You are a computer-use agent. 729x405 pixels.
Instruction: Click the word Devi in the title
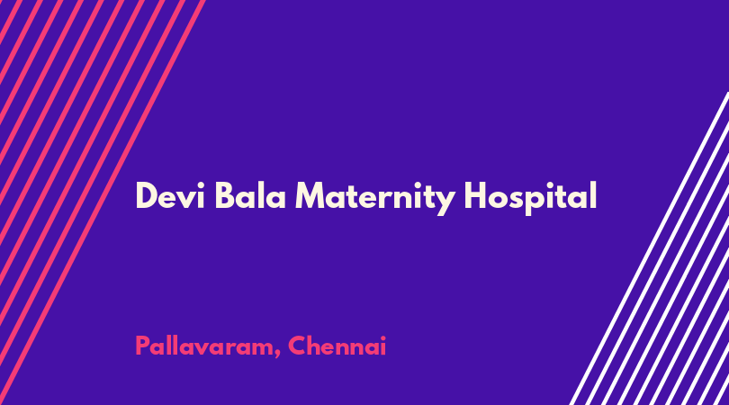coord(170,195)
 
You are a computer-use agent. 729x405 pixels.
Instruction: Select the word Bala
coord(250,195)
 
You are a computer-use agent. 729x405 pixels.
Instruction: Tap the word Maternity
coord(375,198)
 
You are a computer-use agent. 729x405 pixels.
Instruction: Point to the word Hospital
coord(530,198)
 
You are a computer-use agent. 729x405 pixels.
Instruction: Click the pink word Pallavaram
coord(205,346)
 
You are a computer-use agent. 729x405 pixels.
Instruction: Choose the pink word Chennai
coord(337,346)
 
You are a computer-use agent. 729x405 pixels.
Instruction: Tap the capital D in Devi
coord(147,195)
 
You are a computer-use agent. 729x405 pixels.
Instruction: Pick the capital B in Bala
coord(226,195)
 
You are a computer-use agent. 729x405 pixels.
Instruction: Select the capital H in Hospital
coord(476,195)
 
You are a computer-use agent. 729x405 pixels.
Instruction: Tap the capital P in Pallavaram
coord(142,346)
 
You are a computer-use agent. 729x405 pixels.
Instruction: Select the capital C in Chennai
coord(297,346)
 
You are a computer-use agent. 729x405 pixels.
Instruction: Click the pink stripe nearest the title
coord(101,202)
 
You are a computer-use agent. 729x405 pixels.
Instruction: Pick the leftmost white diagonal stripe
coord(649,248)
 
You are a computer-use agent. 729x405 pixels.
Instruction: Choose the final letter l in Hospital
coord(594,195)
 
